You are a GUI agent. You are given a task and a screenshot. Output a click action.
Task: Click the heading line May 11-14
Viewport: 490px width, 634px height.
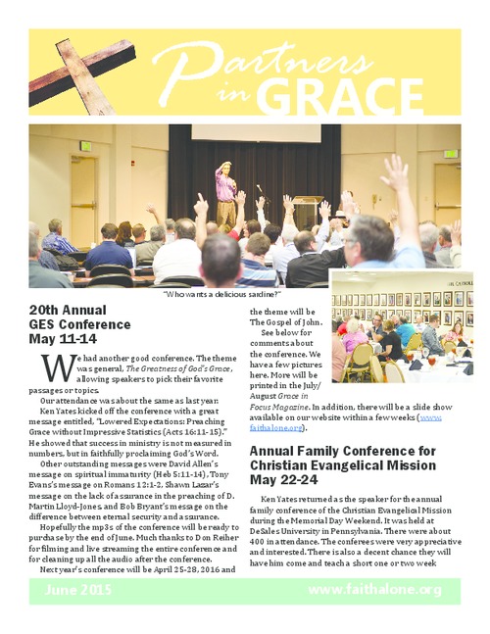coord(63,340)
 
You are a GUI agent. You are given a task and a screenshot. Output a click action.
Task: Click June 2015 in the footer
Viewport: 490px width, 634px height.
coord(80,589)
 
